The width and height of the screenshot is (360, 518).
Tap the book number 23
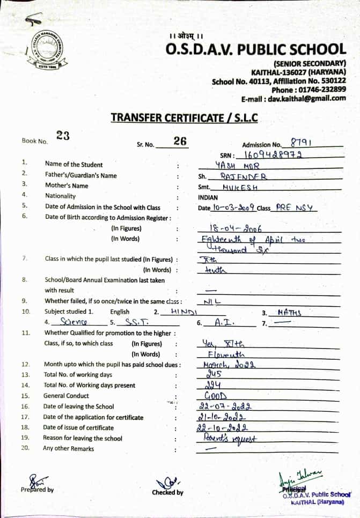(63, 136)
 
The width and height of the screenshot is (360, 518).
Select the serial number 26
(180, 141)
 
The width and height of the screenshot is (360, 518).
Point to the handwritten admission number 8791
(301, 143)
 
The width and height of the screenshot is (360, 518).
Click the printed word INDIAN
(208, 197)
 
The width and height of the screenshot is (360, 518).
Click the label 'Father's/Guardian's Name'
(80, 175)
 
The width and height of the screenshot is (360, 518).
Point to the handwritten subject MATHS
(290, 312)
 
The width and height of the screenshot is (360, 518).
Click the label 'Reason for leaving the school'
(83, 438)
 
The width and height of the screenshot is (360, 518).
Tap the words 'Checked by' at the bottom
(167, 492)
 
